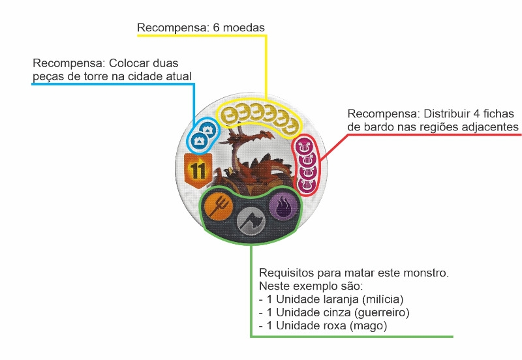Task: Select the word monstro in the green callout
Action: tap(424, 273)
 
